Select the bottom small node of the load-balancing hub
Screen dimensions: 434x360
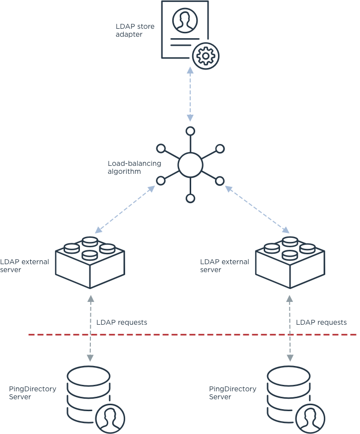tap(190, 199)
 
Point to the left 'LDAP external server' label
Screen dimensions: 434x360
tap(24, 266)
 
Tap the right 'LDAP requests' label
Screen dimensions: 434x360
tap(321, 323)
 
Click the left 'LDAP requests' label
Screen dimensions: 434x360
tap(122, 323)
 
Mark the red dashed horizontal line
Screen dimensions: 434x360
tap(199, 335)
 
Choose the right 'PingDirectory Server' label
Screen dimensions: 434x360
tap(232, 393)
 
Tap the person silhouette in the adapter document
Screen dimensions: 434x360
tap(184, 20)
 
